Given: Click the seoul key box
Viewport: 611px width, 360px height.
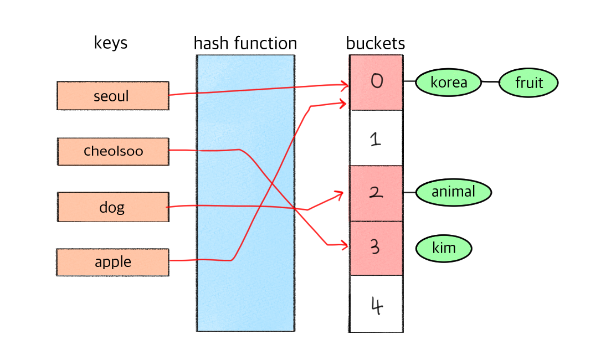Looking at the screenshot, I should [112, 96].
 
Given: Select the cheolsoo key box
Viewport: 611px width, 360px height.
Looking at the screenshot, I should [112, 151].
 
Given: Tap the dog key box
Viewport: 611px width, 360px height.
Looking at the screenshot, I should [112, 207].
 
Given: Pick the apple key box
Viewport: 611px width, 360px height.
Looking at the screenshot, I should [112, 262].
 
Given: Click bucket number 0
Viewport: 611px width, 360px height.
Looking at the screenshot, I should [376, 82].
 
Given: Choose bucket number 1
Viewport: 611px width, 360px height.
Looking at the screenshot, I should [376, 138].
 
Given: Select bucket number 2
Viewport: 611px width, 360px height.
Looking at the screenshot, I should [376, 193].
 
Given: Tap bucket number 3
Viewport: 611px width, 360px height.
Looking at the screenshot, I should [376, 247].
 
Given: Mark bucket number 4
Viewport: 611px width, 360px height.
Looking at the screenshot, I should [376, 304].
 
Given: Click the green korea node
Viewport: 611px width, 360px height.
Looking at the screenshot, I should [448, 83].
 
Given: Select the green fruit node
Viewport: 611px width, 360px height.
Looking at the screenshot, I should [528, 83].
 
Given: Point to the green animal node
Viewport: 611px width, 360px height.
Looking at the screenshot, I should [453, 192].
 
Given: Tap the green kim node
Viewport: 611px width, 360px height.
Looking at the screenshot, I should [444, 248].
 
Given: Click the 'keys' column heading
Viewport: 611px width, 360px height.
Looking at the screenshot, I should [111, 43].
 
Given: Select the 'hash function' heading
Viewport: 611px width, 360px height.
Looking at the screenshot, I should [245, 44].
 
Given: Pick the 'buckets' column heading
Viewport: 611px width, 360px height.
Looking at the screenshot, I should [376, 44].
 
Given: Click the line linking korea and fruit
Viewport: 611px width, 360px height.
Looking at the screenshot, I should [490, 82].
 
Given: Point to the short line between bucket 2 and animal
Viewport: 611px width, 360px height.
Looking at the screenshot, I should [409, 192].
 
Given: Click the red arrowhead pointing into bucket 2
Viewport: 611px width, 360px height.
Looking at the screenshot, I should [340, 194].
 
